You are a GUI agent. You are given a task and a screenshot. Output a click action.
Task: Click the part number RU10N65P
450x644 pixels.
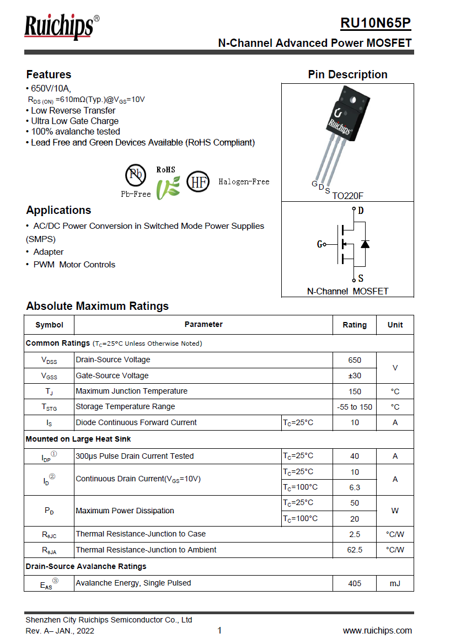(x=375, y=23)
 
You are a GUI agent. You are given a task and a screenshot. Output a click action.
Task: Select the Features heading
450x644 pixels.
(x=49, y=74)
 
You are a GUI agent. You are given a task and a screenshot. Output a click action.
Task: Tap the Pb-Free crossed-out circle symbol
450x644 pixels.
(x=136, y=175)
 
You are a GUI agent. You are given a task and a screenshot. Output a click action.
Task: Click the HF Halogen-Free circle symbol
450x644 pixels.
(x=198, y=181)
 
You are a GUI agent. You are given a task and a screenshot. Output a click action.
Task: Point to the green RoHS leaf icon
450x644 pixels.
(x=167, y=187)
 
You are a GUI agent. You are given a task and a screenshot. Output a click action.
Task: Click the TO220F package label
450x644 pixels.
(x=347, y=195)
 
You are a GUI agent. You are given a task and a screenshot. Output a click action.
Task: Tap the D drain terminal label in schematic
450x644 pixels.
(x=361, y=211)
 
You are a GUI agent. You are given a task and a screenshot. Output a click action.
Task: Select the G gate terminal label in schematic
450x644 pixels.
(x=320, y=244)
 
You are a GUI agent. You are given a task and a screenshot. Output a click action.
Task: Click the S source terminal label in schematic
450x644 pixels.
(x=361, y=278)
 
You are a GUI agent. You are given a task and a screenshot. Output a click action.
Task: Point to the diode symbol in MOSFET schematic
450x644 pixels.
(x=365, y=244)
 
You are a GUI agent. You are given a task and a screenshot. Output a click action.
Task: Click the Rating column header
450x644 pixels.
(x=355, y=325)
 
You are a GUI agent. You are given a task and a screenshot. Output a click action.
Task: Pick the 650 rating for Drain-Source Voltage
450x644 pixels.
(x=355, y=360)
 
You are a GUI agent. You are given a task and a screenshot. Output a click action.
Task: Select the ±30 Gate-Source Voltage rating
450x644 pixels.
(x=355, y=375)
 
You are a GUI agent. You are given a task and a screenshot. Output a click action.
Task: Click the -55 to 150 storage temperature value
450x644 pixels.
(x=355, y=407)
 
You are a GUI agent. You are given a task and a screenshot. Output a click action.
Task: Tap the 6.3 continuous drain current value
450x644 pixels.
(x=355, y=487)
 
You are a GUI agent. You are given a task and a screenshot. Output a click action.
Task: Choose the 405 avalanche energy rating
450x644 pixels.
(x=355, y=583)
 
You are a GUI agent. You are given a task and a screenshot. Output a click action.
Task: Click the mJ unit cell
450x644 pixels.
(x=395, y=583)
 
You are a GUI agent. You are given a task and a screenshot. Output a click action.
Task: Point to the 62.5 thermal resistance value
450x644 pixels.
(x=355, y=550)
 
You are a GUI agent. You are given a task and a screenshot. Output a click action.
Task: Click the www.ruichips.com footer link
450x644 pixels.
(x=377, y=631)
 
